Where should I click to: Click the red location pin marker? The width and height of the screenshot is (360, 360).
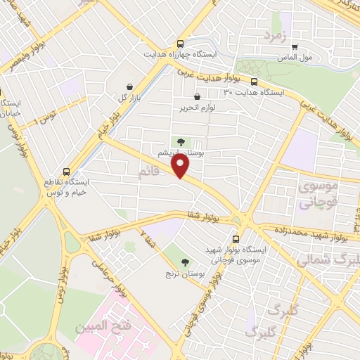pyautogui.click(x=181, y=166)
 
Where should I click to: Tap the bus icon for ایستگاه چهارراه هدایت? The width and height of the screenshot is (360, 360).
pyautogui.click(x=181, y=42)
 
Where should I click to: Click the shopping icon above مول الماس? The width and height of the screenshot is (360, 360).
pyautogui.click(x=294, y=47)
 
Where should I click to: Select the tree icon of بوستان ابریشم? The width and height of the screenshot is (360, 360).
pyautogui.click(x=181, y=142)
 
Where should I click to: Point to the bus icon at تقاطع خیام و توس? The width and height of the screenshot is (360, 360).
pyautogui.click(x=67, y=171)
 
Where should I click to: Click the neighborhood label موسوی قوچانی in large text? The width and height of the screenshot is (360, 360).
pyautogui.click(x=319, y=195)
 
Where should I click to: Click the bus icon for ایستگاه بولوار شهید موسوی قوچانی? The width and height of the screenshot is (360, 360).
pyautogui.click(x=236, y=239)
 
